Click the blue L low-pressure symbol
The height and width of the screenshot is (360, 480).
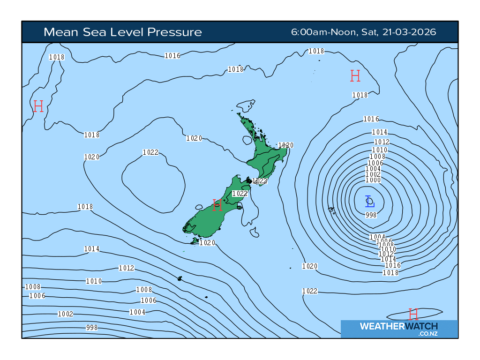[370, 202]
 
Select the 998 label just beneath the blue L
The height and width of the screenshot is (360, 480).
[371, 215]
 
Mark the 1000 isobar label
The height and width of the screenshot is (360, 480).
[373, 180]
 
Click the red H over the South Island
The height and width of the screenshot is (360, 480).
[217, 205]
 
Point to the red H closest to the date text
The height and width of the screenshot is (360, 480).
[355, 76]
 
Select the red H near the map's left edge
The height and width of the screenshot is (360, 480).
[38, 106]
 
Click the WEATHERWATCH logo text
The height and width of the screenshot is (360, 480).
[398, 326]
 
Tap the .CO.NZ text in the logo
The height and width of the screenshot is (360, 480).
[428, 334]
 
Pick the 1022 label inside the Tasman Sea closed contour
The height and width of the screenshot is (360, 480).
[150, 152]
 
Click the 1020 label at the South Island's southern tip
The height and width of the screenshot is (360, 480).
[207, 243]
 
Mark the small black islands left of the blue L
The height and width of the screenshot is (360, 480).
[332, 211]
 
